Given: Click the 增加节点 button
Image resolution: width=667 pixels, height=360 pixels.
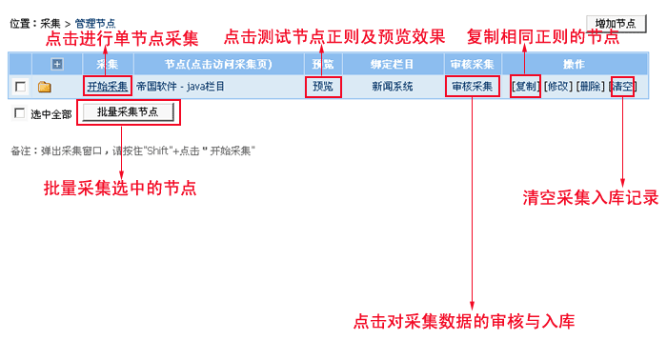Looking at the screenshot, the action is point(616,24).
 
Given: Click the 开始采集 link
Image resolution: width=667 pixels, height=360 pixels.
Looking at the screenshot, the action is point(107,87).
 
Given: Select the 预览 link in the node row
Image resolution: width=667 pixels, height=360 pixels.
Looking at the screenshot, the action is point(323,87).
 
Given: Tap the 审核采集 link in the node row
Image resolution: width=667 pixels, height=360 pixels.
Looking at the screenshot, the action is point(473,87).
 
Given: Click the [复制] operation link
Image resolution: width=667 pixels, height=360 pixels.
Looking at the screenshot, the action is point(526,87).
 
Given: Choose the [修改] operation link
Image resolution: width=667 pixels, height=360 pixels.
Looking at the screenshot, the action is point(558,87).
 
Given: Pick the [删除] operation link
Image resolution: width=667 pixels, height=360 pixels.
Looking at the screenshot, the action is point(591,87).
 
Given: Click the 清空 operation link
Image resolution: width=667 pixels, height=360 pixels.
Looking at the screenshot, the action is point(623,87).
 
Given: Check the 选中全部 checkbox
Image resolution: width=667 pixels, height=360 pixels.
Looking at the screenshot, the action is point(19,113).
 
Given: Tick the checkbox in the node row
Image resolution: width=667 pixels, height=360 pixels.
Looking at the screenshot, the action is point(20,87).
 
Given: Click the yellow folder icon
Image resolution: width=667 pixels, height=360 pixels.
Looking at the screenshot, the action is point(44,87).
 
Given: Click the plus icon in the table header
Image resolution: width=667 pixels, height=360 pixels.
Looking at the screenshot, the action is point(57,64).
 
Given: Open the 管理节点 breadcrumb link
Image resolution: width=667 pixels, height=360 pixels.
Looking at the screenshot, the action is point(95,23).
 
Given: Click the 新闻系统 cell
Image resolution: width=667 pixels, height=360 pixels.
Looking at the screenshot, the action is point(393,87).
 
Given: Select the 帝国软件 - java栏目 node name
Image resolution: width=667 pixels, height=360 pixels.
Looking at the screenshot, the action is point(180,87).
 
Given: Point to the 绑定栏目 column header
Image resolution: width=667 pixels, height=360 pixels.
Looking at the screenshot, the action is point(393,64).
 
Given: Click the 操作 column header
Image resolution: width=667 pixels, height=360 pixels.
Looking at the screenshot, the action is point(574,64).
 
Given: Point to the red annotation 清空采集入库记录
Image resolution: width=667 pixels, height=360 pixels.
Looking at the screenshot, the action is point(591,198).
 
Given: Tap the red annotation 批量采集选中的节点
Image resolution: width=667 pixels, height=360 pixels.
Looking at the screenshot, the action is point(120,188).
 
